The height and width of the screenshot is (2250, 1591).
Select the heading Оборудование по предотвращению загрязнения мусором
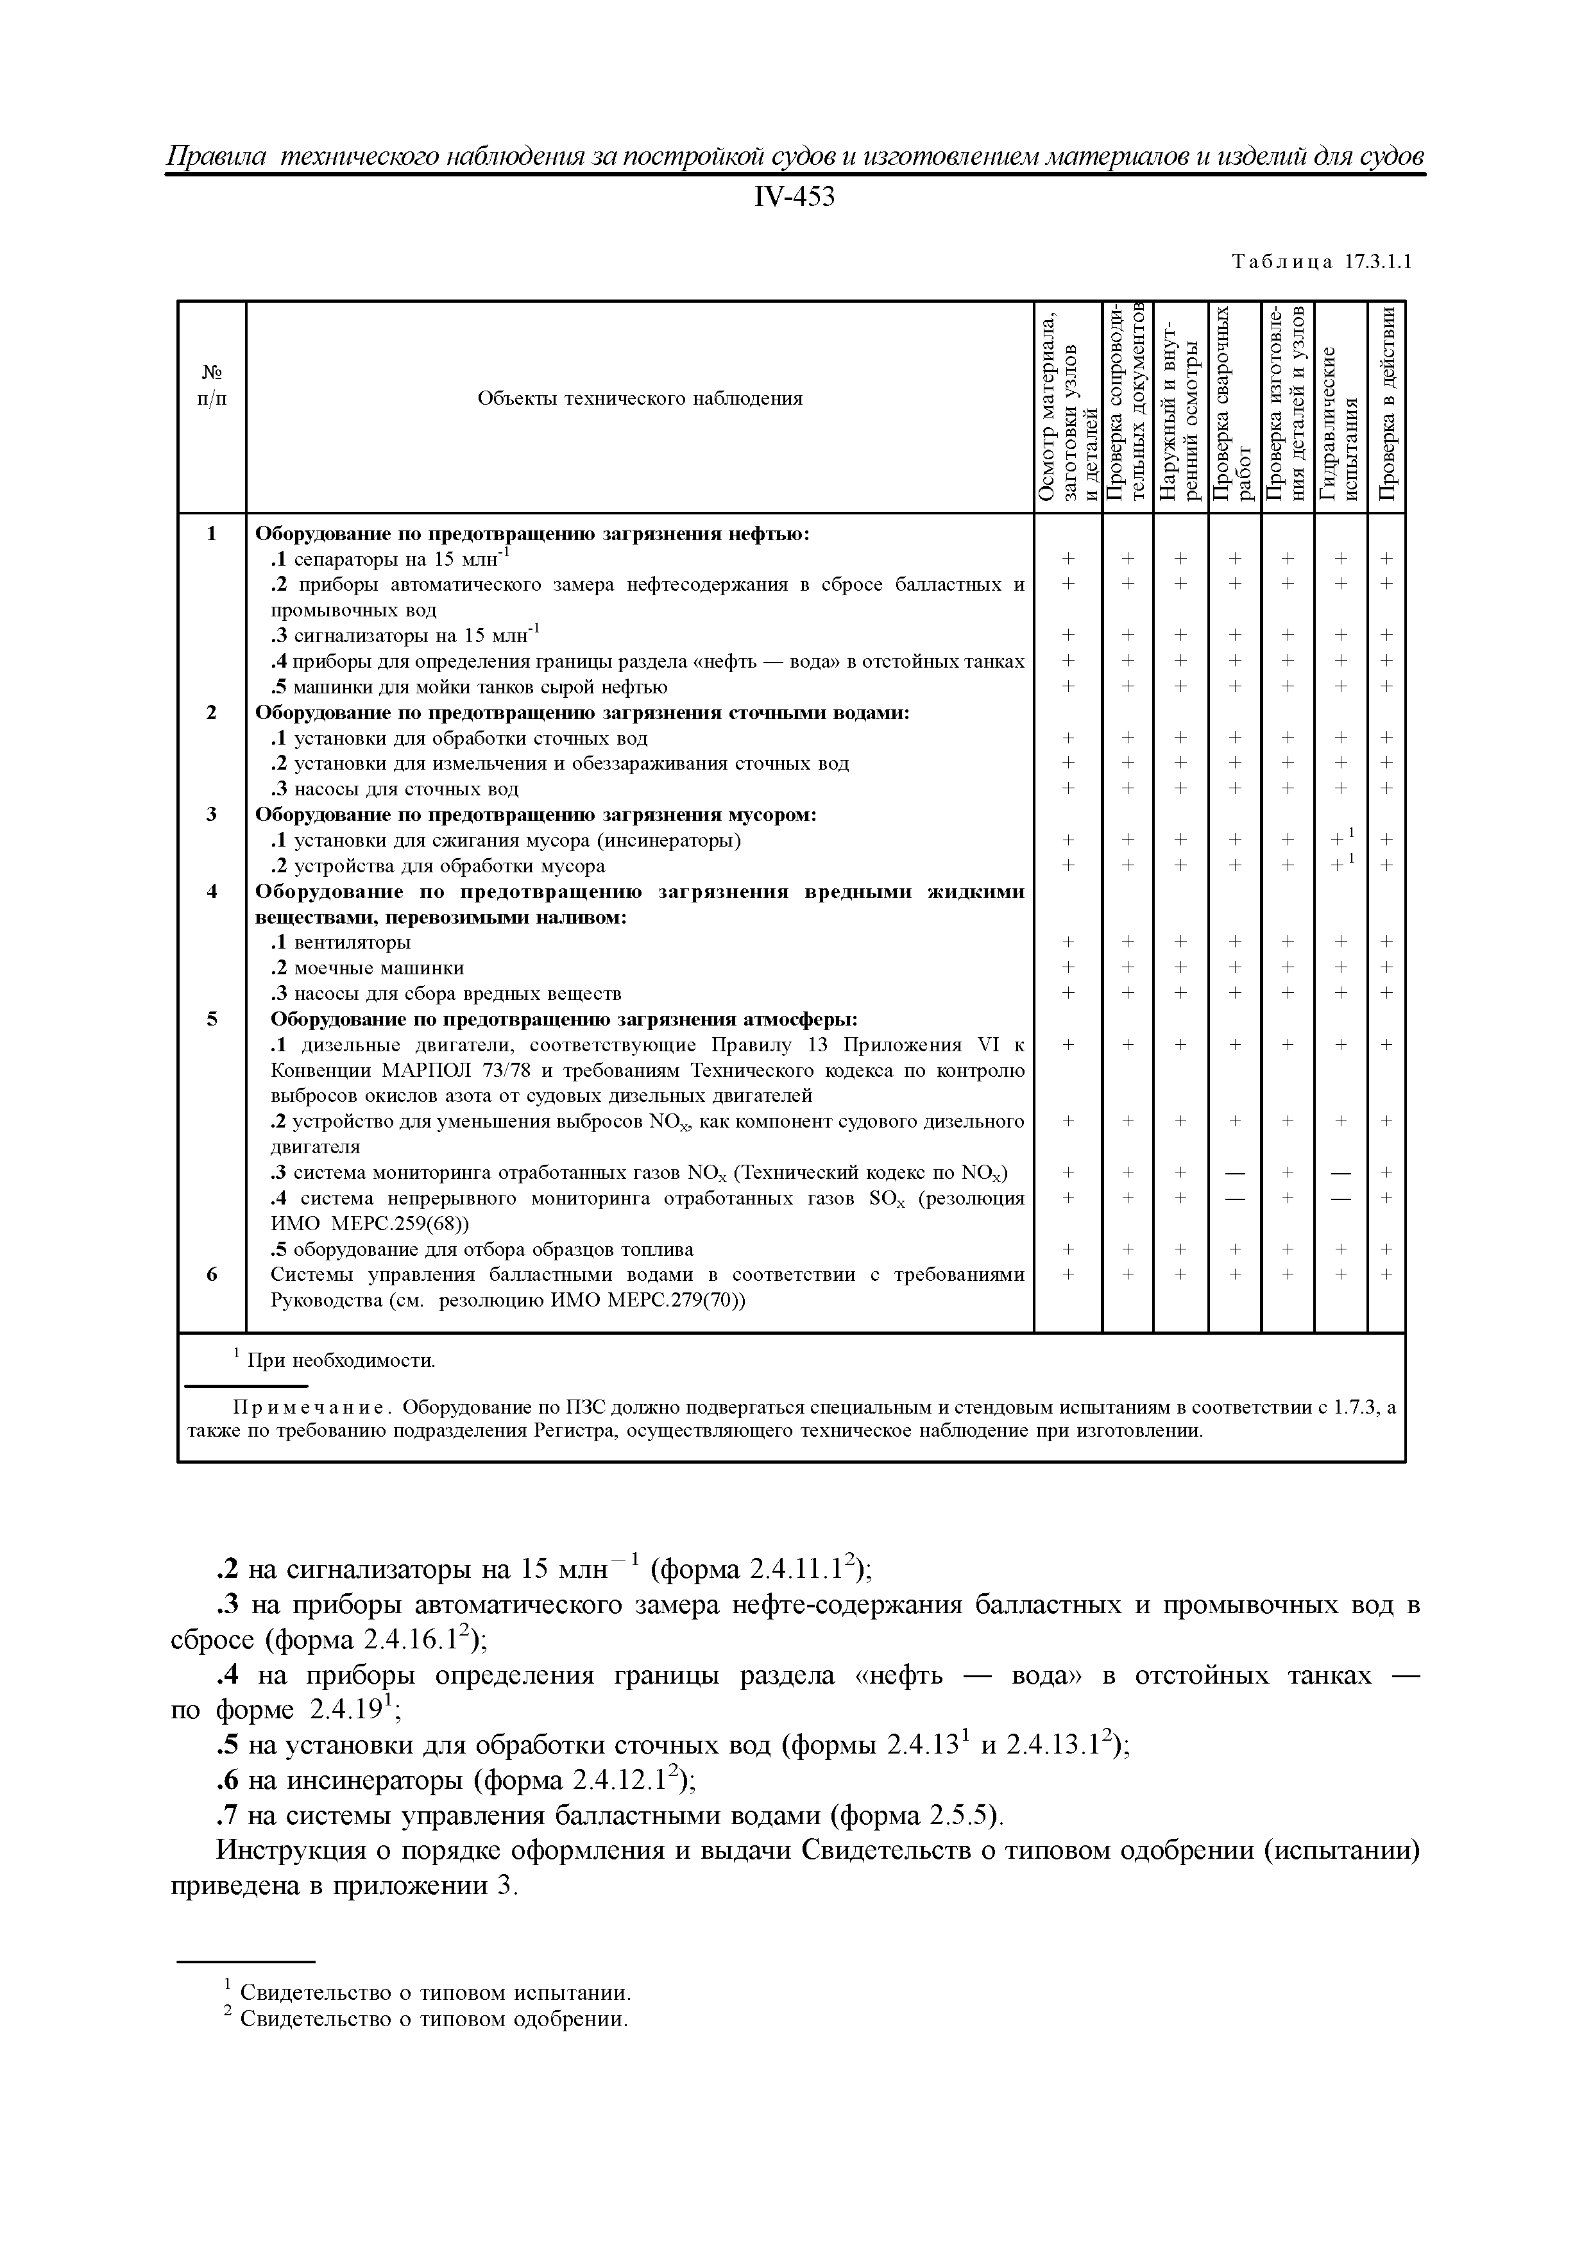(x=535, y=815)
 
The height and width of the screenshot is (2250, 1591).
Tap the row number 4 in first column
(x=212, y=891)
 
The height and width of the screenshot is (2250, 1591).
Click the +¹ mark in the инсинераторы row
(x=1341, y=839)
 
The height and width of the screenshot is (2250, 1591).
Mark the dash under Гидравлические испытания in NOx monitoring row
(x=1341, y=1172)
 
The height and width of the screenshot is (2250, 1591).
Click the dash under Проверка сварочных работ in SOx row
(x=1234, y=1197)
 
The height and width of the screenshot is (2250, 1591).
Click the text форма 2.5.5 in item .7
(x=915, y=1816)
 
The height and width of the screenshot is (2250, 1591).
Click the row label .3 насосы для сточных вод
(x=394, y=789)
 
